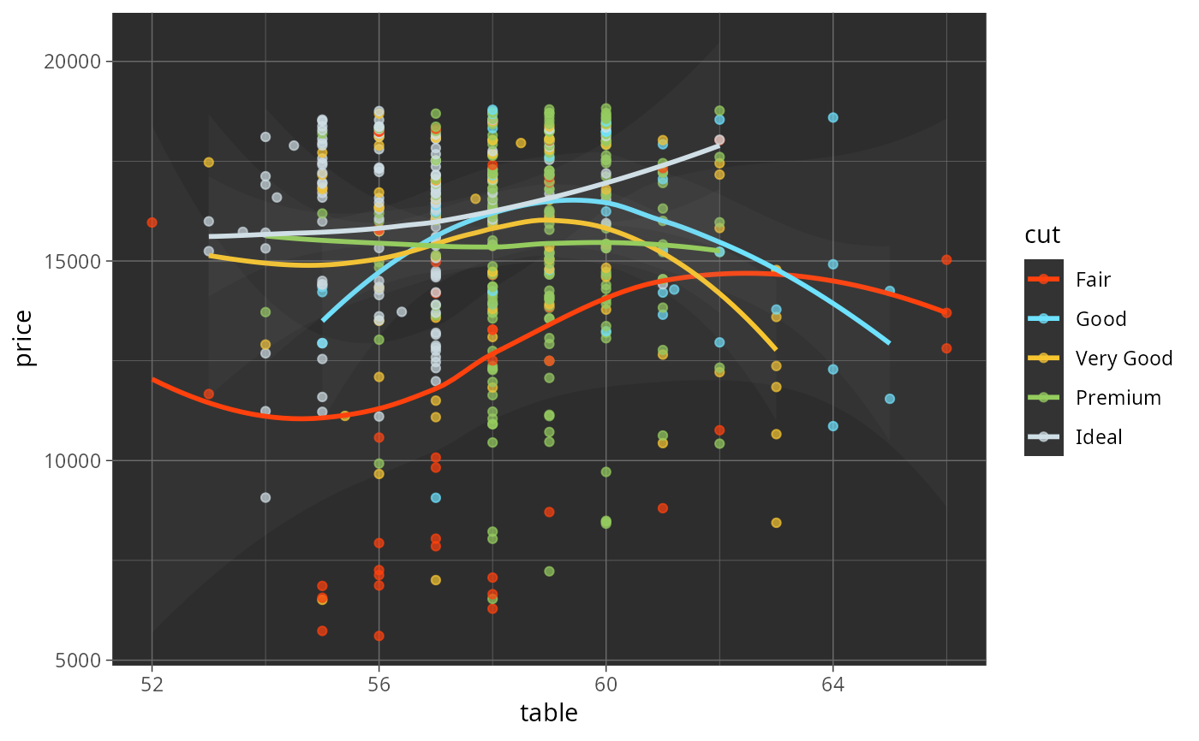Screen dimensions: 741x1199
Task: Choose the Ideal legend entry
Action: point(1099,437)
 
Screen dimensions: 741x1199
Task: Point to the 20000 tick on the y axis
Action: point(77,62)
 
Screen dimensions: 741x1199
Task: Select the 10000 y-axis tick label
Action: point(77,460)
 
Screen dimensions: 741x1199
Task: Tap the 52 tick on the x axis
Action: point(152,685)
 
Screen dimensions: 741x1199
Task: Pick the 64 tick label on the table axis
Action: point(832,685)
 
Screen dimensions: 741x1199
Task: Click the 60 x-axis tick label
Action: point(605,685)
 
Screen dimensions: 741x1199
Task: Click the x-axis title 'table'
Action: point(549,713)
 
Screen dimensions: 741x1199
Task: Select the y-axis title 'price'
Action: point(26,338)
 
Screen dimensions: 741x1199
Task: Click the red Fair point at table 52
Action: point(152,222)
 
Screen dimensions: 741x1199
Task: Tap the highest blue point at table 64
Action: point(832,117)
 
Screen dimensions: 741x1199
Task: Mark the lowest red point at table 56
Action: point(379,636)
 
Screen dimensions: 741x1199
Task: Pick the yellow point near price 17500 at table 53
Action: point(208,163)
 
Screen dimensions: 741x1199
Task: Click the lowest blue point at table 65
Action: point(889,399)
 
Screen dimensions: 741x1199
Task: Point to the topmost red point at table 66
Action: point(946,259)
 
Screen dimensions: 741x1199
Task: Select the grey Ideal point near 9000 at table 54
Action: point(265,497)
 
